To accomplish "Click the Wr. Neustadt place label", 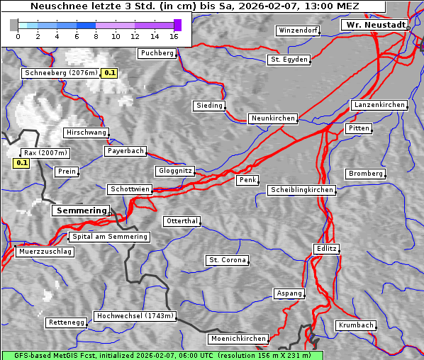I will pos(375,25).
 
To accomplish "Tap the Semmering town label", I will pos(82,210).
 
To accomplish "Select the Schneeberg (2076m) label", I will pos(60,73).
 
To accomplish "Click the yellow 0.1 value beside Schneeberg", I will pos(110,73).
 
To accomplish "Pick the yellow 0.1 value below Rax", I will pos(21,164).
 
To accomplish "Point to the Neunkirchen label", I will pos(272,118).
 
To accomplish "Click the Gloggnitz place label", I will pos(174,171).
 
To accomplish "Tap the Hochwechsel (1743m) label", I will pos(135,316).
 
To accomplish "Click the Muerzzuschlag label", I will pos(45,252).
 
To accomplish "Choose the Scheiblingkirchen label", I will pos(301,190).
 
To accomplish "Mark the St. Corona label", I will pos(227,260).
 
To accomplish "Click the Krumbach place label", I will pos(355,325).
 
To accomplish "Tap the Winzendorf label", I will pos(298,31).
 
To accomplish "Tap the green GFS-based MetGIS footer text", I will pos(162,355).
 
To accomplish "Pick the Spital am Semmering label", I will pos(109,237).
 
